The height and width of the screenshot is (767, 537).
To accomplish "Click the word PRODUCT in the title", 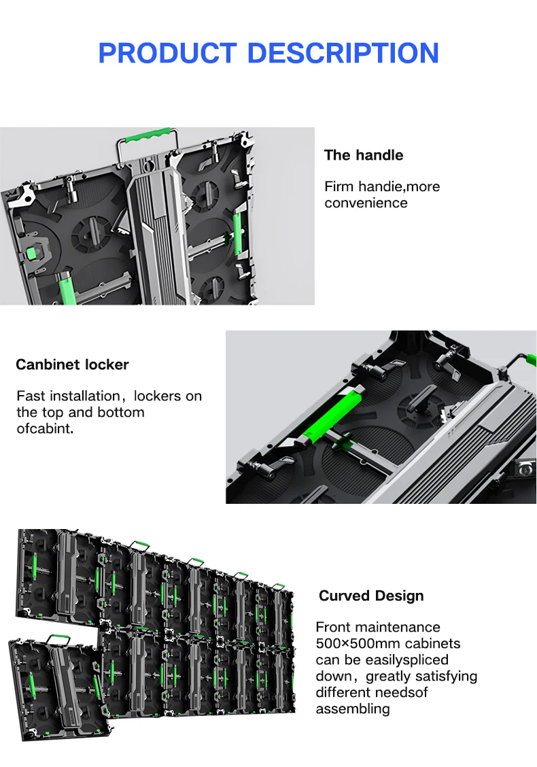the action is coord(167,53).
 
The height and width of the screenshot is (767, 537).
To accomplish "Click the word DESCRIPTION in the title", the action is coord(343,53).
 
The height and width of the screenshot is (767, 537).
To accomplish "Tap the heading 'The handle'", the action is coord(364,155).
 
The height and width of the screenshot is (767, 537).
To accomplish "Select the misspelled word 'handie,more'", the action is coord(399,186).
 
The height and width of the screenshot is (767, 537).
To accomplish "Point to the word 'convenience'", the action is coord(366,203).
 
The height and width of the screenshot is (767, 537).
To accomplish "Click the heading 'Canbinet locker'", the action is coord(72,364).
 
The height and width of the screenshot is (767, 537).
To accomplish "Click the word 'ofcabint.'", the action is coord(45,428).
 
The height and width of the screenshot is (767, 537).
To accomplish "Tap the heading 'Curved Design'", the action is coord(371,596).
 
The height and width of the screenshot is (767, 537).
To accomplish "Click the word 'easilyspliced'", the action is coord(407,660).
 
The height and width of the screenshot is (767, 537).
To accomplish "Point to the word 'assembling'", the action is coord(353,709).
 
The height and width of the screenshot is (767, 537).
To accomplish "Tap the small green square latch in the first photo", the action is coord(31,253).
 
